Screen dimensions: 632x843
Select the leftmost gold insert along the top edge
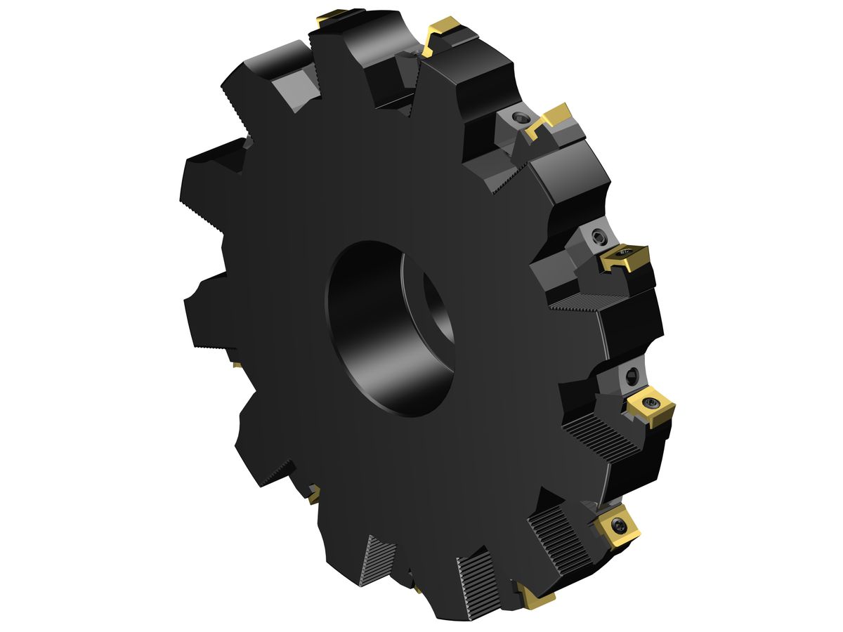click(x=330, y=18)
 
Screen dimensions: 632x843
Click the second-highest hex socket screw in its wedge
click(x=598, y=237)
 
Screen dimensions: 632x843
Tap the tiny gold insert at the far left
click(x=235, y=364)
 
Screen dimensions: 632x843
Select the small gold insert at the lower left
click(x=313, y=494)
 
